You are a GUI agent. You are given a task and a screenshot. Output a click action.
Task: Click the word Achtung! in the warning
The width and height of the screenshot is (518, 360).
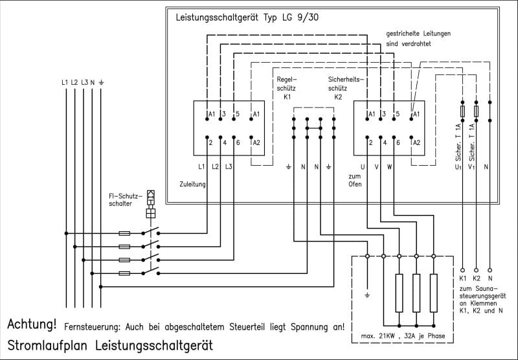coord(32,324)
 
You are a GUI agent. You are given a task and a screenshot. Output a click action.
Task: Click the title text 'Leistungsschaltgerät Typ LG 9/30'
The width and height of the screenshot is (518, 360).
coord(247,17)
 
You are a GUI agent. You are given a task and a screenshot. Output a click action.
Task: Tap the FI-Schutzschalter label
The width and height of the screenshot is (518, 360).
coord(126,200)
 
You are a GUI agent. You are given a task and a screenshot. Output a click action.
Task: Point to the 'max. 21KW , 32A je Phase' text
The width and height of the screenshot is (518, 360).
coord(403,336)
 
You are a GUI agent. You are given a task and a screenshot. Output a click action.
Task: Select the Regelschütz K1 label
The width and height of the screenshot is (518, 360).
coord(287,88)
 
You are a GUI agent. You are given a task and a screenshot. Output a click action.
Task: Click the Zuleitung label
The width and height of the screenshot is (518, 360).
coord(192,185)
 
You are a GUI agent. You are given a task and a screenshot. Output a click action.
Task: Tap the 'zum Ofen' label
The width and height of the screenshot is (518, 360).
coord(355,181)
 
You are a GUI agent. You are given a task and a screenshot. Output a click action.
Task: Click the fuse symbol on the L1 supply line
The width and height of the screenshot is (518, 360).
coord(124,234)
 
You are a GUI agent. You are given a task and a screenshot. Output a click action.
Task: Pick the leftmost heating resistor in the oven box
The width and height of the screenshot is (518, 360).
coord(399,293)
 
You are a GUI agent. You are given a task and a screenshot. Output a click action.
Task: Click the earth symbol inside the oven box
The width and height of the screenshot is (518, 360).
coord(367,295)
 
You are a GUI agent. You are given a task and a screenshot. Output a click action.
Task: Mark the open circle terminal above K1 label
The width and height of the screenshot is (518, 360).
coord(462,270)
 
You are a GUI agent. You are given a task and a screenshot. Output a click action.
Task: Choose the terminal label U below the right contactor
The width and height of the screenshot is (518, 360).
coord(363,167)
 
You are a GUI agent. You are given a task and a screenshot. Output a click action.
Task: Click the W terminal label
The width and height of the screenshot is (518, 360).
coord(390,167)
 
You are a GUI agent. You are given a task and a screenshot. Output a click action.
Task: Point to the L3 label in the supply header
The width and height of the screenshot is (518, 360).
coord(85,82)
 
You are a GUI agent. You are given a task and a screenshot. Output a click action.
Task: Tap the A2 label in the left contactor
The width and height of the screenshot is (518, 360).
coord(256,142)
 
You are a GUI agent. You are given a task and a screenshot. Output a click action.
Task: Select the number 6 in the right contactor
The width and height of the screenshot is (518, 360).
coord(398,142)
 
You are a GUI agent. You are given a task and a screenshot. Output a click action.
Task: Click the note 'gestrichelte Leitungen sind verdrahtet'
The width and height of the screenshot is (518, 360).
coord(418,39)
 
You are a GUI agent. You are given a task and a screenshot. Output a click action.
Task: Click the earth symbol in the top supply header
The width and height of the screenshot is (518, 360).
coord(101,82)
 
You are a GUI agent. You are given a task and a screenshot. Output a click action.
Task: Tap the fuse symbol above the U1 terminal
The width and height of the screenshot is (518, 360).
coord(462,111)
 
